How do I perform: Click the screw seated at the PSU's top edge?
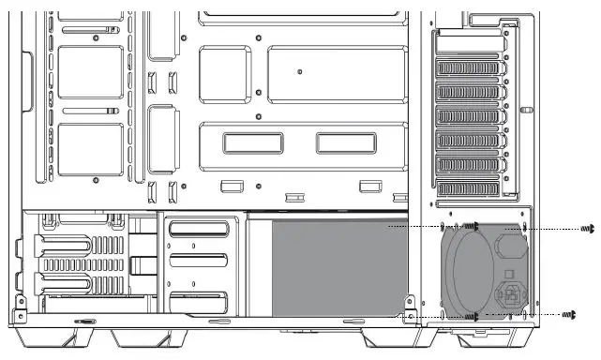tap(474, 227)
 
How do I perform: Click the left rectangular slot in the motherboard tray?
tap(253, 142)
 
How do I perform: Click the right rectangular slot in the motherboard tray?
tap(343, 142)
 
